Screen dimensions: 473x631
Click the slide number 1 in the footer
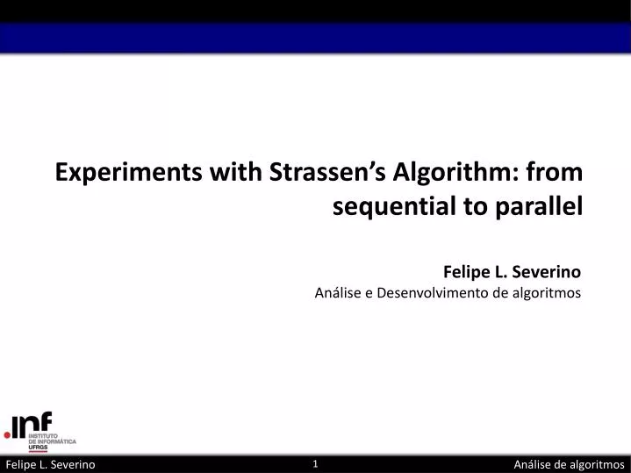click(x=315, y=463)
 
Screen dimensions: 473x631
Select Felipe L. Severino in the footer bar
click(x=50, y=464)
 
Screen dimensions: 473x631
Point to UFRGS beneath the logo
click(x=39, y=448)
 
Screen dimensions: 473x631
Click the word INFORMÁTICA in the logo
click(x=59, y=442)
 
